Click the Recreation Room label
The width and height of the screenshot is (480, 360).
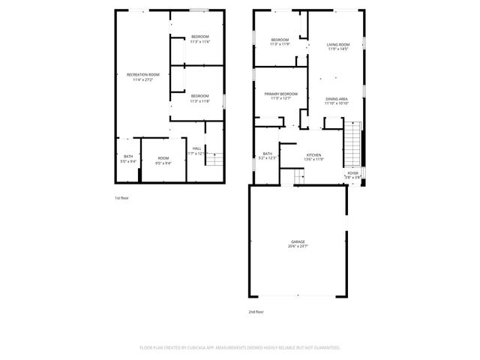142,76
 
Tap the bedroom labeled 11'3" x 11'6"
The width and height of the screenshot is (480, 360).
199,39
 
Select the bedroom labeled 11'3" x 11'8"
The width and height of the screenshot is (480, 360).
199,97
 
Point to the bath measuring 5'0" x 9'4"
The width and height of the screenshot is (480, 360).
128,159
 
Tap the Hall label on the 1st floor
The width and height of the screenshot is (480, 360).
196,150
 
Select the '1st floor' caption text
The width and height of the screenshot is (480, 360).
121,198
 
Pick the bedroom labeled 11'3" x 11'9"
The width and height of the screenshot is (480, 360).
280,41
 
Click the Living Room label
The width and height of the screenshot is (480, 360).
337,47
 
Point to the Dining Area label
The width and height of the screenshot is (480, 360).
336,100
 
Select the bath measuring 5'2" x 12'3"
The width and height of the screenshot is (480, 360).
268,155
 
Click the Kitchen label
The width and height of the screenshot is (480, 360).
313,157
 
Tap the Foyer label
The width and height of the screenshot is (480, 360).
352,175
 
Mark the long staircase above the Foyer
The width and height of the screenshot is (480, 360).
352,145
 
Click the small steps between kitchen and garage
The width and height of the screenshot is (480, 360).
298,176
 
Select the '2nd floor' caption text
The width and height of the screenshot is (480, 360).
256,310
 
